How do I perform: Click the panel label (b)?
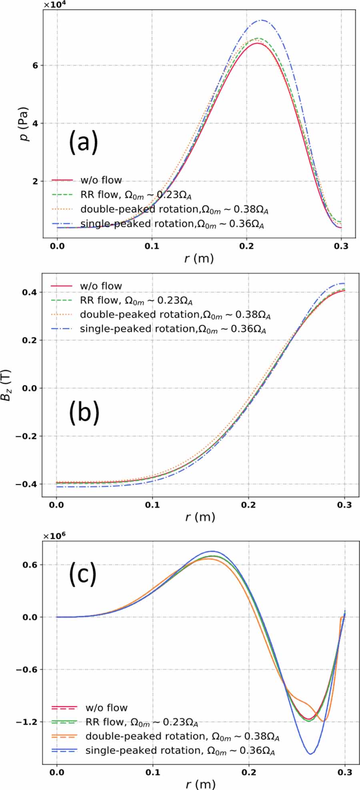tap(84, 412)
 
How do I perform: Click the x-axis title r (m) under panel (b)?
tap(200, 517)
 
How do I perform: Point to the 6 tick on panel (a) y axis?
tap(35, 65)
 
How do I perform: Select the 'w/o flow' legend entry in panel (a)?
tap(101, 180)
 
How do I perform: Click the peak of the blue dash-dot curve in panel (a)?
tap(262, 20)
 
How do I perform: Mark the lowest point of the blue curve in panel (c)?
tap(310, 754)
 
